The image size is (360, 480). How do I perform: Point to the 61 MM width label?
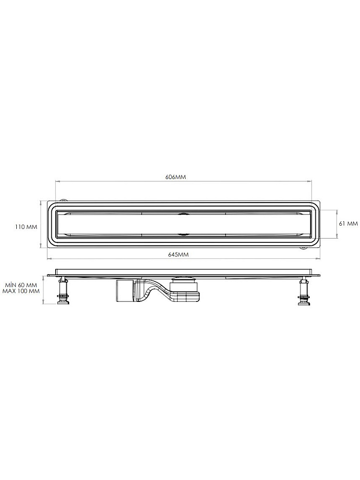(348, 224)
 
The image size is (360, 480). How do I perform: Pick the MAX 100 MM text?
(21, 291)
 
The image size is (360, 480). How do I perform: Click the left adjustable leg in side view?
(63, 290)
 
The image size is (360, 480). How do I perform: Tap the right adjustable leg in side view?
(304, 290)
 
